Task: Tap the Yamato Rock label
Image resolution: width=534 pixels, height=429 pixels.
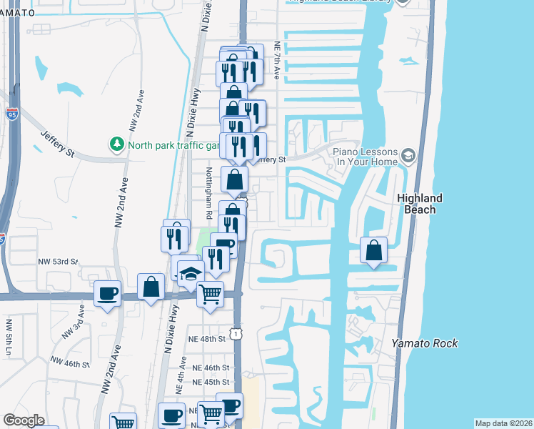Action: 424,343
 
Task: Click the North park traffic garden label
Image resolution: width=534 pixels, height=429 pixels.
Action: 171,144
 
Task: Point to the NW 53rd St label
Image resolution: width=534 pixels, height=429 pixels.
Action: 59,262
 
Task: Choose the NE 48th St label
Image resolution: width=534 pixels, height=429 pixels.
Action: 207,338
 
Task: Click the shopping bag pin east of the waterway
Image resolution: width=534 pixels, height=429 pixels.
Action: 373,250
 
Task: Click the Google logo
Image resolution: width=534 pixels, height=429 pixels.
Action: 24,420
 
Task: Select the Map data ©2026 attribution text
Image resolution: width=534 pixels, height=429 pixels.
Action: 503,423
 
